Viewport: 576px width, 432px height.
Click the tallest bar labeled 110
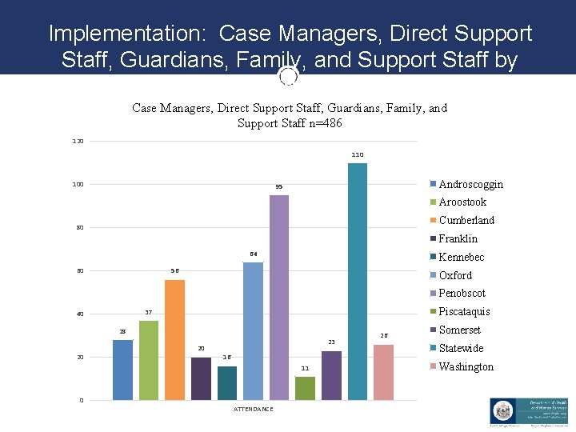(358, 281)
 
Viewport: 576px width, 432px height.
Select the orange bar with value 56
(174, 339)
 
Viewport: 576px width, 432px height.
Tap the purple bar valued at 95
(279, 297)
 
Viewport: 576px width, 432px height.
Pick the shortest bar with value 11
(305, 388)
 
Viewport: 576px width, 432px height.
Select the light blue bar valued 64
(253, 330)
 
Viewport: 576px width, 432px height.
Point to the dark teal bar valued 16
(227, 382)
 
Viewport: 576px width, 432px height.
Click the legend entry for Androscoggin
(470, 184)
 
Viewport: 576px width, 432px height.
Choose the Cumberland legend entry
(466, 220)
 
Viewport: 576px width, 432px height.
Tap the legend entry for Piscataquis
(464, 311)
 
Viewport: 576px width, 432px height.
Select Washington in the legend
(466, 366)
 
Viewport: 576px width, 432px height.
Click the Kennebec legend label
(461, 257)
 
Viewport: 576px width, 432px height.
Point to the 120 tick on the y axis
(78, 142)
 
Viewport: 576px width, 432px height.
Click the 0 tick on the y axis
(81, 400)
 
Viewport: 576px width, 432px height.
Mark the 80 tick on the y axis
(79, 228)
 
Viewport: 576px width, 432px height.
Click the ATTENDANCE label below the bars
(253, 410)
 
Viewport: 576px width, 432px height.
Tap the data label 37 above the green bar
(148, 312)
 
